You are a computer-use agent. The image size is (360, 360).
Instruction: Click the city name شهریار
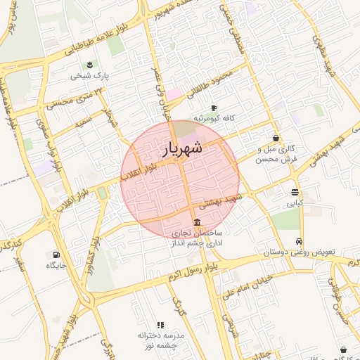tap(184, 149)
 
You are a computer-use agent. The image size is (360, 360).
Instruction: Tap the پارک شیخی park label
tap(90, 76)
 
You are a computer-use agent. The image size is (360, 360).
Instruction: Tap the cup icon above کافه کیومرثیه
tap(214, 108)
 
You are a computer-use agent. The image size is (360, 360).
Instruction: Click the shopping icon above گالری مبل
tap(275, 139)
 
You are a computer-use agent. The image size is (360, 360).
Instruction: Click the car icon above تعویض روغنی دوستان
tap(300, 240)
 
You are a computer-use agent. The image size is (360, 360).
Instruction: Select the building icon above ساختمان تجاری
tap(196, 222)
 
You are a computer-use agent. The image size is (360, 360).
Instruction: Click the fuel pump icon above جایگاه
tap(56, 254)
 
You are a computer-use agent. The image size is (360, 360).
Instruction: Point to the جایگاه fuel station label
tap(56, 265)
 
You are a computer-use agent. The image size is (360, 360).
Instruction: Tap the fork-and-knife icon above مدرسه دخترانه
tap(160, 326)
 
